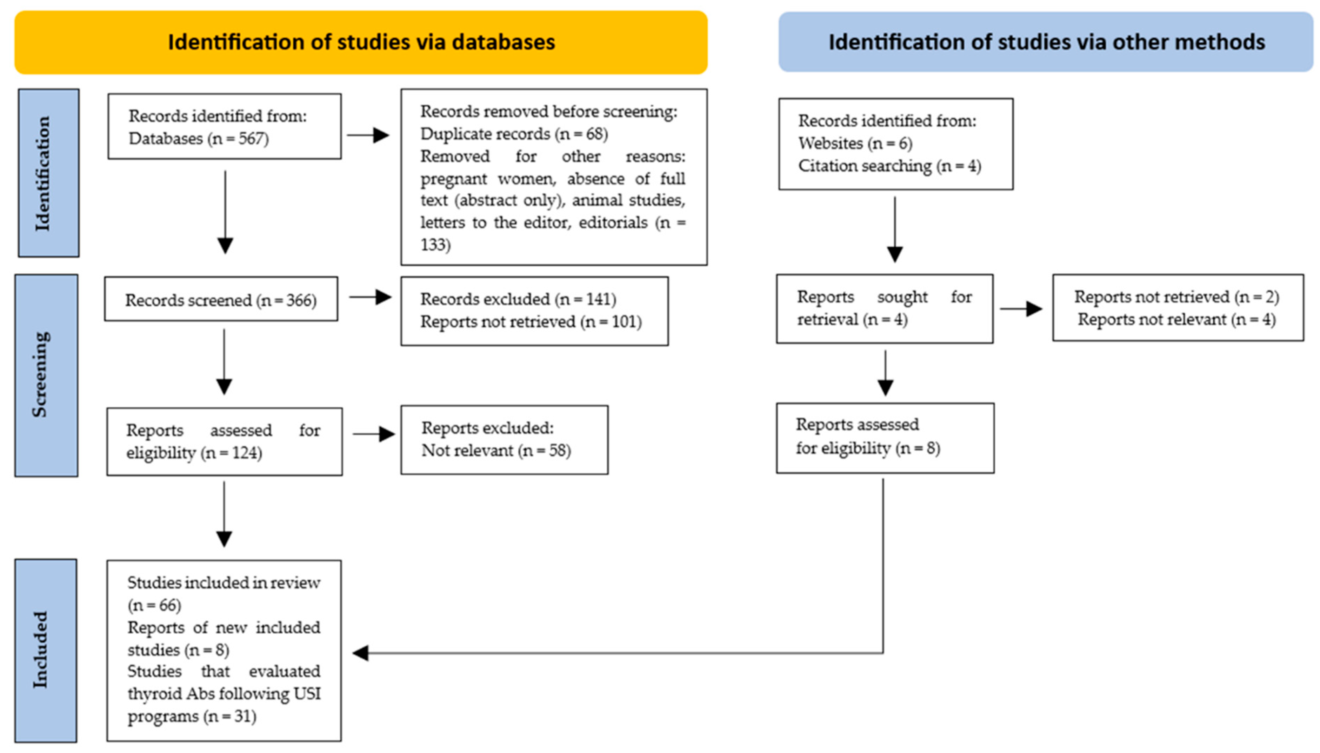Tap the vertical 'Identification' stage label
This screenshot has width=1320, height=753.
click(x=42, y=173)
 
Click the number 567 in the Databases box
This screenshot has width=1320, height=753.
click(x=252, y=139)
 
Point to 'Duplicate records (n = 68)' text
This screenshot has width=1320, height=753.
click(x=513, y=134)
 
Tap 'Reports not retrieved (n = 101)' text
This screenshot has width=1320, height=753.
click(x=531, y=322)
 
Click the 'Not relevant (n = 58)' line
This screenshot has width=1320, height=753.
click(x=495, y=451)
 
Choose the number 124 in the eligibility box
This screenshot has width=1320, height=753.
click(x=245, y=453)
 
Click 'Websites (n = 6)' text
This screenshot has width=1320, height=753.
click(x=855, y=143)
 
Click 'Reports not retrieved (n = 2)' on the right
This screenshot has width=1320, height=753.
click(x=1176, y=297)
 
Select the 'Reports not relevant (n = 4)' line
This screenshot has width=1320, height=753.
click(x=1176, y=320)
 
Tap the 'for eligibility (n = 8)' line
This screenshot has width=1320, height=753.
click(x=868, y=448)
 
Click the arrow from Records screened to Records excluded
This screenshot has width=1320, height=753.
click(x=370, y=297)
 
